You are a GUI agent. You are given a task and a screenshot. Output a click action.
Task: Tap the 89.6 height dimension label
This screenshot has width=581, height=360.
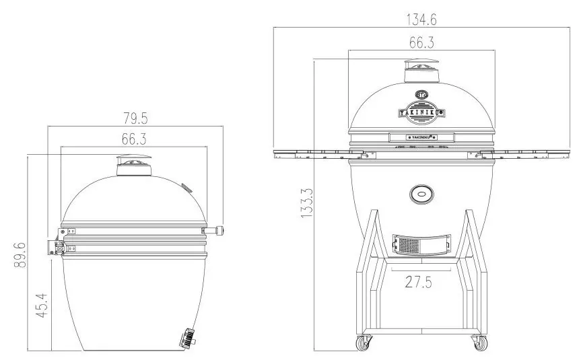pyautogui.click(x=20, y=256)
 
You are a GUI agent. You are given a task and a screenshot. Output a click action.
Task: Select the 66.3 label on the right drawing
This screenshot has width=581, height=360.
pyautogui.click(x=421, y=42)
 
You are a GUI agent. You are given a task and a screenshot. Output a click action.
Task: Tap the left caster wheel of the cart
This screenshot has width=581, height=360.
pyautogui.click(x=364, y=343)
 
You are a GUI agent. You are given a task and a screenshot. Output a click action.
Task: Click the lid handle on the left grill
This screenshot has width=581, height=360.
pyautogui.click(x=215, y=232)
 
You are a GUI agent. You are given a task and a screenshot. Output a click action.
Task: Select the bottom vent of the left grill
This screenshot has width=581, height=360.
pyautogui.click(x=186, y=338)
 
